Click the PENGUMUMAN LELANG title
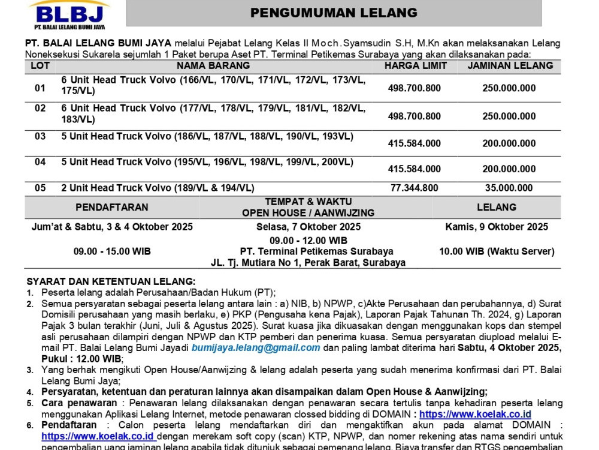point(334,13)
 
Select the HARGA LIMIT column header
point(415,65)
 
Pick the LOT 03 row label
point(40,136)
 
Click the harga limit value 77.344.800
point(415,188)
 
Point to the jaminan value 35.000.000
point(509,188)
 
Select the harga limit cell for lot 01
point(415,88)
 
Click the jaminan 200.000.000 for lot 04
point(509,169)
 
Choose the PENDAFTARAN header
point(112,207)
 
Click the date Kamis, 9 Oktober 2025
point(497,227)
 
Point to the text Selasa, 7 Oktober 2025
point(308,227)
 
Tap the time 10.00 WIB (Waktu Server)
point(497,251)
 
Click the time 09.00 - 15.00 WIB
point(112,251)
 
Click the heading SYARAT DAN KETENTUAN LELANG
point(110,281)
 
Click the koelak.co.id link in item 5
point(475,414)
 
